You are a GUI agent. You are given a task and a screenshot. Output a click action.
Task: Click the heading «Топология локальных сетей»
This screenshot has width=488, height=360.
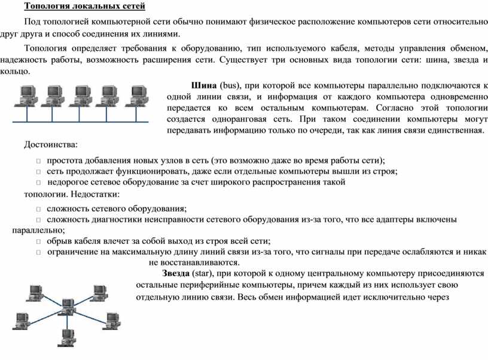pyautogui.click(x=85, y=6)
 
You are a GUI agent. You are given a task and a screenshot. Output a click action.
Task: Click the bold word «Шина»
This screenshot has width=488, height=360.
pyautogui.click(x=204, y=86)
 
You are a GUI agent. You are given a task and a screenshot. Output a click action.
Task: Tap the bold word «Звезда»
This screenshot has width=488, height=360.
pyautogui.click(x=176, y=273)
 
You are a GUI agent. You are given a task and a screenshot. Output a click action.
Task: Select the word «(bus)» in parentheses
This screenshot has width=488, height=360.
pyautogui.click(x=230, y=86)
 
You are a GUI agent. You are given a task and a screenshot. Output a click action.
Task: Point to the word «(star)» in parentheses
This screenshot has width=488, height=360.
pyautogui.click(x=203, y=273)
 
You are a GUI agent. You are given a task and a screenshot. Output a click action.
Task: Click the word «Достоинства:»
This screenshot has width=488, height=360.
pyautogui.click(x=51, y=144)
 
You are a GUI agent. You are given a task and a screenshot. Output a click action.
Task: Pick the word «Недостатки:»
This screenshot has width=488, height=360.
pyautogui.click(x=95, y=194)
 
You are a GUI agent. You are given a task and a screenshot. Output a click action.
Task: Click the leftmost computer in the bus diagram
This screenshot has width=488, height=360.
pyautogui.click(x=26, y=96)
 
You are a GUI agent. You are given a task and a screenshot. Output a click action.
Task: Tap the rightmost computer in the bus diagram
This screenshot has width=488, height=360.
pyautogui.click(x=136, y=96)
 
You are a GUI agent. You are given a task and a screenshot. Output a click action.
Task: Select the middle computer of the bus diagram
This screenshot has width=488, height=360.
pyautogui.click(x=81, y=96)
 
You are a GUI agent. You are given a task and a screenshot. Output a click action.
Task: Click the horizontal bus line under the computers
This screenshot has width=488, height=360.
pyautogui.click(x=80, y=121)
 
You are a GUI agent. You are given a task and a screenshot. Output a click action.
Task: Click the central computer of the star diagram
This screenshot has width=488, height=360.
pyautogui.click(x=68, y=306)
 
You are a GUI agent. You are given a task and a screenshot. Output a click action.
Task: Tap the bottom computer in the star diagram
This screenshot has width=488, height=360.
pyautogui.click(x=66, y=338)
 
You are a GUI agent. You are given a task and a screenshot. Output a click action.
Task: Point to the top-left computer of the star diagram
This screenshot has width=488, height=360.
pyautogui.click(x=35, y=293)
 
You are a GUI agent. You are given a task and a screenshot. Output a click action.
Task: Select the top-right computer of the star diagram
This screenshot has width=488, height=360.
pyautogui.click(x=99, y=293)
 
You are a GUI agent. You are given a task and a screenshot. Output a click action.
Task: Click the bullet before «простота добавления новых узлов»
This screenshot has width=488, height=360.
pyautogui.click(x=39, y=161)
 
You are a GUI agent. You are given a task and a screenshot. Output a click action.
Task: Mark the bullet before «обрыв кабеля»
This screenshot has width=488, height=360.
pyautogui.click(x=39, y=242)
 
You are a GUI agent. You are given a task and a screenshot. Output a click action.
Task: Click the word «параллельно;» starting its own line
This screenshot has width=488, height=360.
pyautogui.click(x=39, y=231)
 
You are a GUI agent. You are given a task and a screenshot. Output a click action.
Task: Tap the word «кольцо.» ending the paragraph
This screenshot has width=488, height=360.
pyautogui.click(x=15, y=71)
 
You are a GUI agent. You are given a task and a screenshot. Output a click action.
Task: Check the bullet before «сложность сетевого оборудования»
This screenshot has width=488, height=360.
pyautogui.click(x=39, y=209)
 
